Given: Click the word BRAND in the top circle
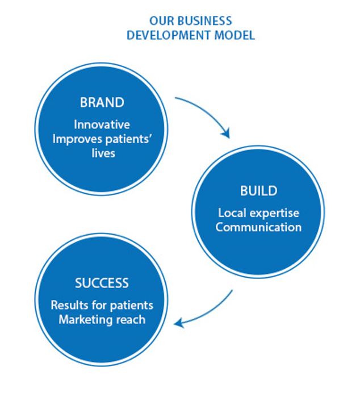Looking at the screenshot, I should pos(102,103).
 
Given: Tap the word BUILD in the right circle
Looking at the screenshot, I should pos(258,191).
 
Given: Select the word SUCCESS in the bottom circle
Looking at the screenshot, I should pos(102,283).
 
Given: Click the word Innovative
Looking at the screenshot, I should pos(102,125).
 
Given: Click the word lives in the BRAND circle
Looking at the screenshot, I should pos(102,153).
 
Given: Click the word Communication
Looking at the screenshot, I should pos(258,228).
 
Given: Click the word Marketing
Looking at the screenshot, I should pos(83,319).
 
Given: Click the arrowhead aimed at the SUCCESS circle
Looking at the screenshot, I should pos(179,323).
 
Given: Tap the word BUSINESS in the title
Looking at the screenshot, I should pos(202,20).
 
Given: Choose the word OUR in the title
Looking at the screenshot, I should pos(160,20).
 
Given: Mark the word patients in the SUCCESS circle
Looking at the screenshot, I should pos(132,305).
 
